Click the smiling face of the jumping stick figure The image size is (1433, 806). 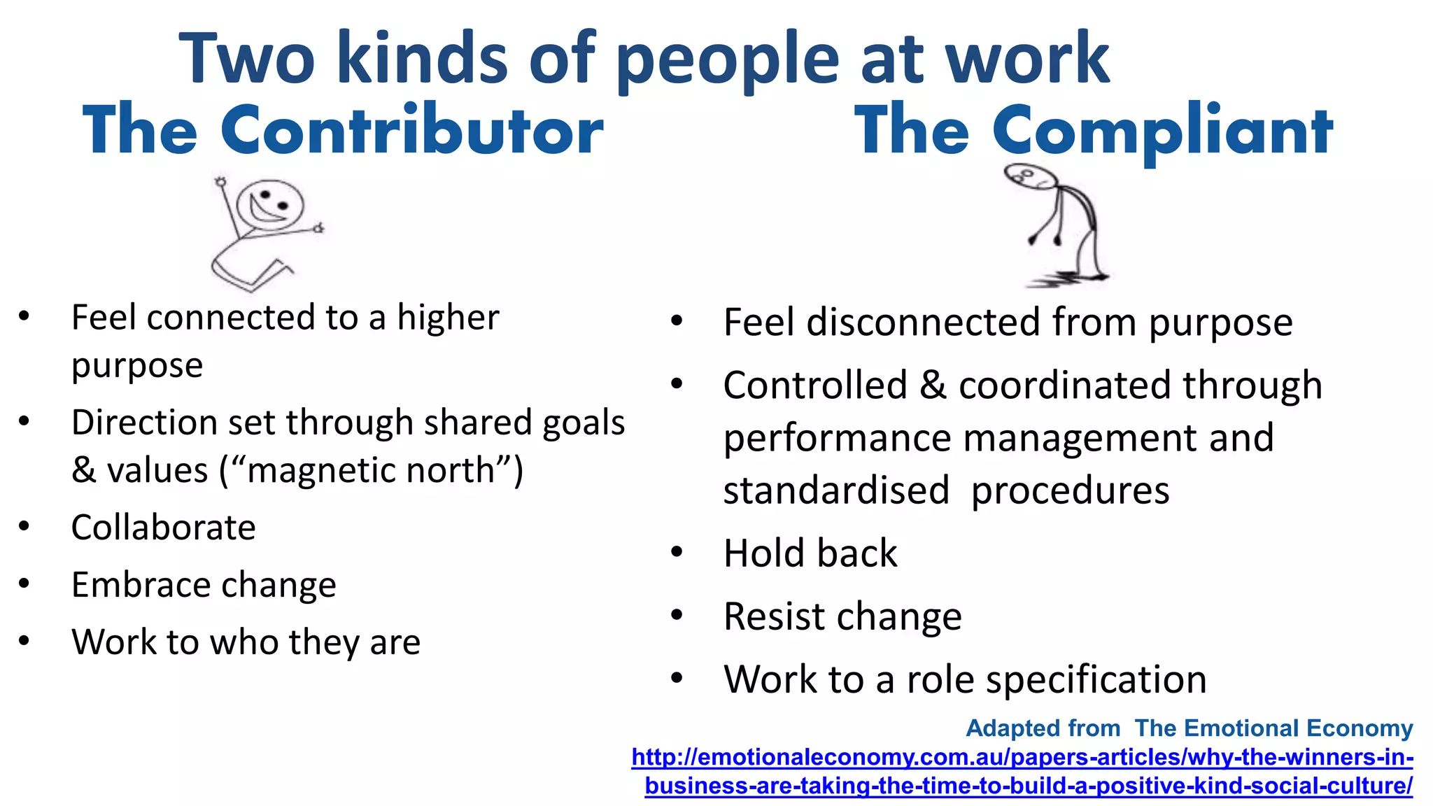(270, 205)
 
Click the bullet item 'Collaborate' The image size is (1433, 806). (163, 528)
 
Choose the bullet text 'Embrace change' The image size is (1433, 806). (203, 585)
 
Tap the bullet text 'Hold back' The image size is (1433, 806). (810, 553)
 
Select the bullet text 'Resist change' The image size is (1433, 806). (842, 616)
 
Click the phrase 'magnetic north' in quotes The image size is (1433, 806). (371, 470)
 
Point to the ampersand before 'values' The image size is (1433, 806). (84, 470)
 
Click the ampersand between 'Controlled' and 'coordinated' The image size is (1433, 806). (932, 386)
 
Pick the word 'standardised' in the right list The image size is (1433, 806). (835, 490)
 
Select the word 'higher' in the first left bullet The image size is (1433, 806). (448, 318)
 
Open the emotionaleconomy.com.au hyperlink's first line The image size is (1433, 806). (1022, 757)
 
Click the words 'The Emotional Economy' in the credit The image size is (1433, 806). (1273, 728)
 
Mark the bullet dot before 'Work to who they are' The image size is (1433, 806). (24, 641)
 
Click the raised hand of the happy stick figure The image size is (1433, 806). (221, 182)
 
